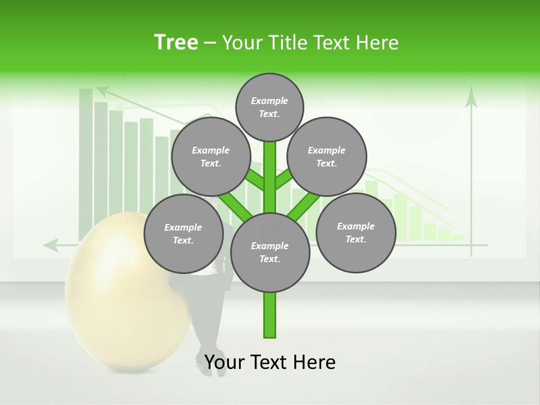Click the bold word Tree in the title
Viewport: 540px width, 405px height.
176,42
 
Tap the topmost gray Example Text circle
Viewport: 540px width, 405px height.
269,107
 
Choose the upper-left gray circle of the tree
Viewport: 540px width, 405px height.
210,156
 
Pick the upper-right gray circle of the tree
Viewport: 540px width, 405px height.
327,156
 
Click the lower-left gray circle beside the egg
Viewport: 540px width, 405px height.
183,233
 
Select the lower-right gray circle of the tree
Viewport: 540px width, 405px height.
355,232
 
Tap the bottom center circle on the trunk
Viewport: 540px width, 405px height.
269,252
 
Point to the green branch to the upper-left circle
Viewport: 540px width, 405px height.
254,181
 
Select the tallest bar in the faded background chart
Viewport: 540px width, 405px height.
86,163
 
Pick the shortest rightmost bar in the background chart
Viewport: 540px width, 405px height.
458,238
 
